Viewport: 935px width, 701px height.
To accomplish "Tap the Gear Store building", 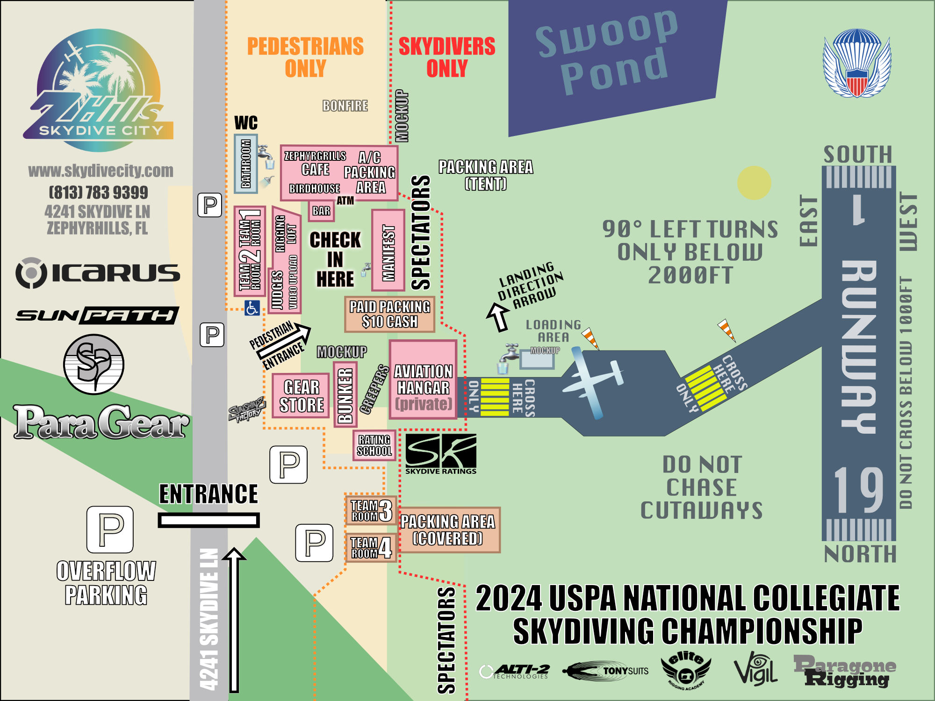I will [302, 396].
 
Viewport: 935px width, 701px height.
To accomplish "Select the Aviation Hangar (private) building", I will [423, 379].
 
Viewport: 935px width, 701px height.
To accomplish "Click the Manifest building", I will [388, 250].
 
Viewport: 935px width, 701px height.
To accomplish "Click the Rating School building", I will [374, 445].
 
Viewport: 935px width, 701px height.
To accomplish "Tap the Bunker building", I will [345, 394].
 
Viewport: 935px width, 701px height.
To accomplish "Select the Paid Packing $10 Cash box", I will [389, 314].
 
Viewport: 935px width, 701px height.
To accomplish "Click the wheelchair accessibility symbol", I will [252, 308].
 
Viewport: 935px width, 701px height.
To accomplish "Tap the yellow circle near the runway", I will [754, 183].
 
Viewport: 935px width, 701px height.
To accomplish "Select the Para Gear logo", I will [101, 422].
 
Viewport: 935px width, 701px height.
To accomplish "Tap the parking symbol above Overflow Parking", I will [110, 529].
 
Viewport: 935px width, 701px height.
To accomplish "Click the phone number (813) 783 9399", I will [98, 192].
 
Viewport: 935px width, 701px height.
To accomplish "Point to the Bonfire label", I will [345, 106].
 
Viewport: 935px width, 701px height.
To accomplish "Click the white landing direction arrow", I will [498, 317].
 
